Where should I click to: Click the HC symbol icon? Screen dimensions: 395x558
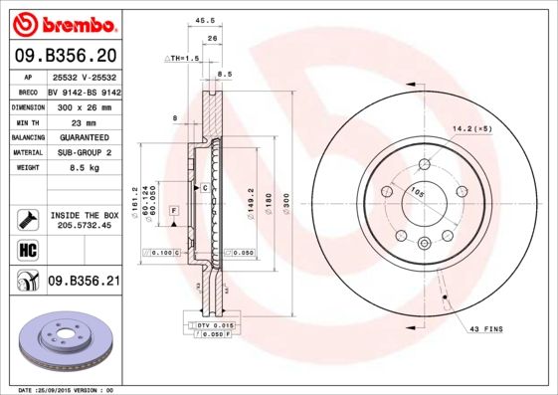tap(27, 249)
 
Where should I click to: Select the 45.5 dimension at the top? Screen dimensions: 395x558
tap(207, 19)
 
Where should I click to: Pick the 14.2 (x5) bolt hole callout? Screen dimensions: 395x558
tap(470, 128)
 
